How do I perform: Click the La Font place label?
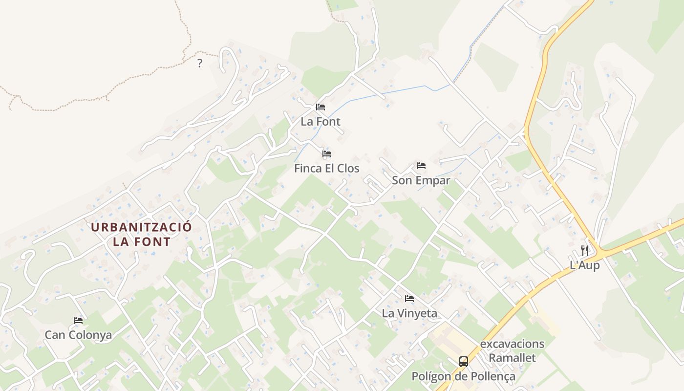click(x=321, y=122)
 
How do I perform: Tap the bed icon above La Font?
click(x=321, y=107)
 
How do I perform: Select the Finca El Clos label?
click(x=326, y=169)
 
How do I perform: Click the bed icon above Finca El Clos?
click(x=327, y=154)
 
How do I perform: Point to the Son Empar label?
click(x=421, y=180)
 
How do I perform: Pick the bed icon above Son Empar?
click(x=421, y=166)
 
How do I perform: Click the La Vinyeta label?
click(x=409, y=313)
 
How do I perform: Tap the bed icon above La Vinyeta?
click(x=409, y=298)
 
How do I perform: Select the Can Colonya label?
click(x=78, y=335)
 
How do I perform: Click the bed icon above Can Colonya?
click(x=78, y=321)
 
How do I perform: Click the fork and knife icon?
click(x=585, y=251)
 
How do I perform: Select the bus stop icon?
click(x=463, y=362)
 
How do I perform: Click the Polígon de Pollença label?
click(x=463, y=377)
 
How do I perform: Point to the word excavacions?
click(x=512, y=344)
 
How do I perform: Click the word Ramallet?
click(x=512, y=358)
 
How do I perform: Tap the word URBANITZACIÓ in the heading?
click(x=142, y=227)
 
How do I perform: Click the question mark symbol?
click(x=199, y=63)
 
